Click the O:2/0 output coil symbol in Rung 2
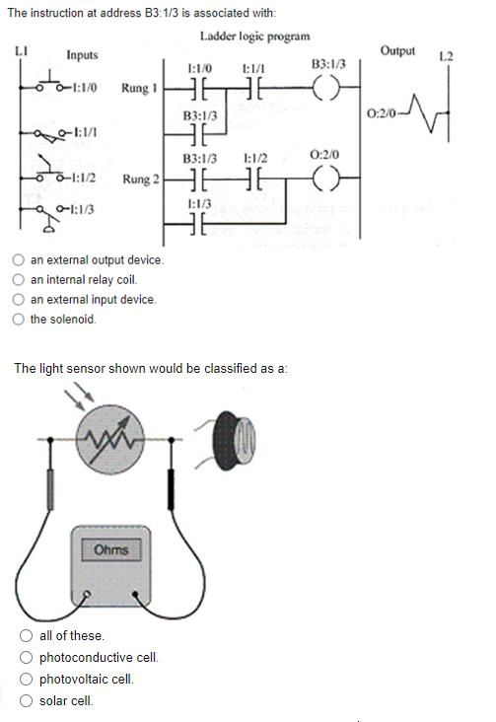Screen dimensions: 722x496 pos(326,180)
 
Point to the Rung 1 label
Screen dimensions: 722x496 pos(140,88)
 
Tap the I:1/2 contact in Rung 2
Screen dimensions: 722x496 pos(254,180)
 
